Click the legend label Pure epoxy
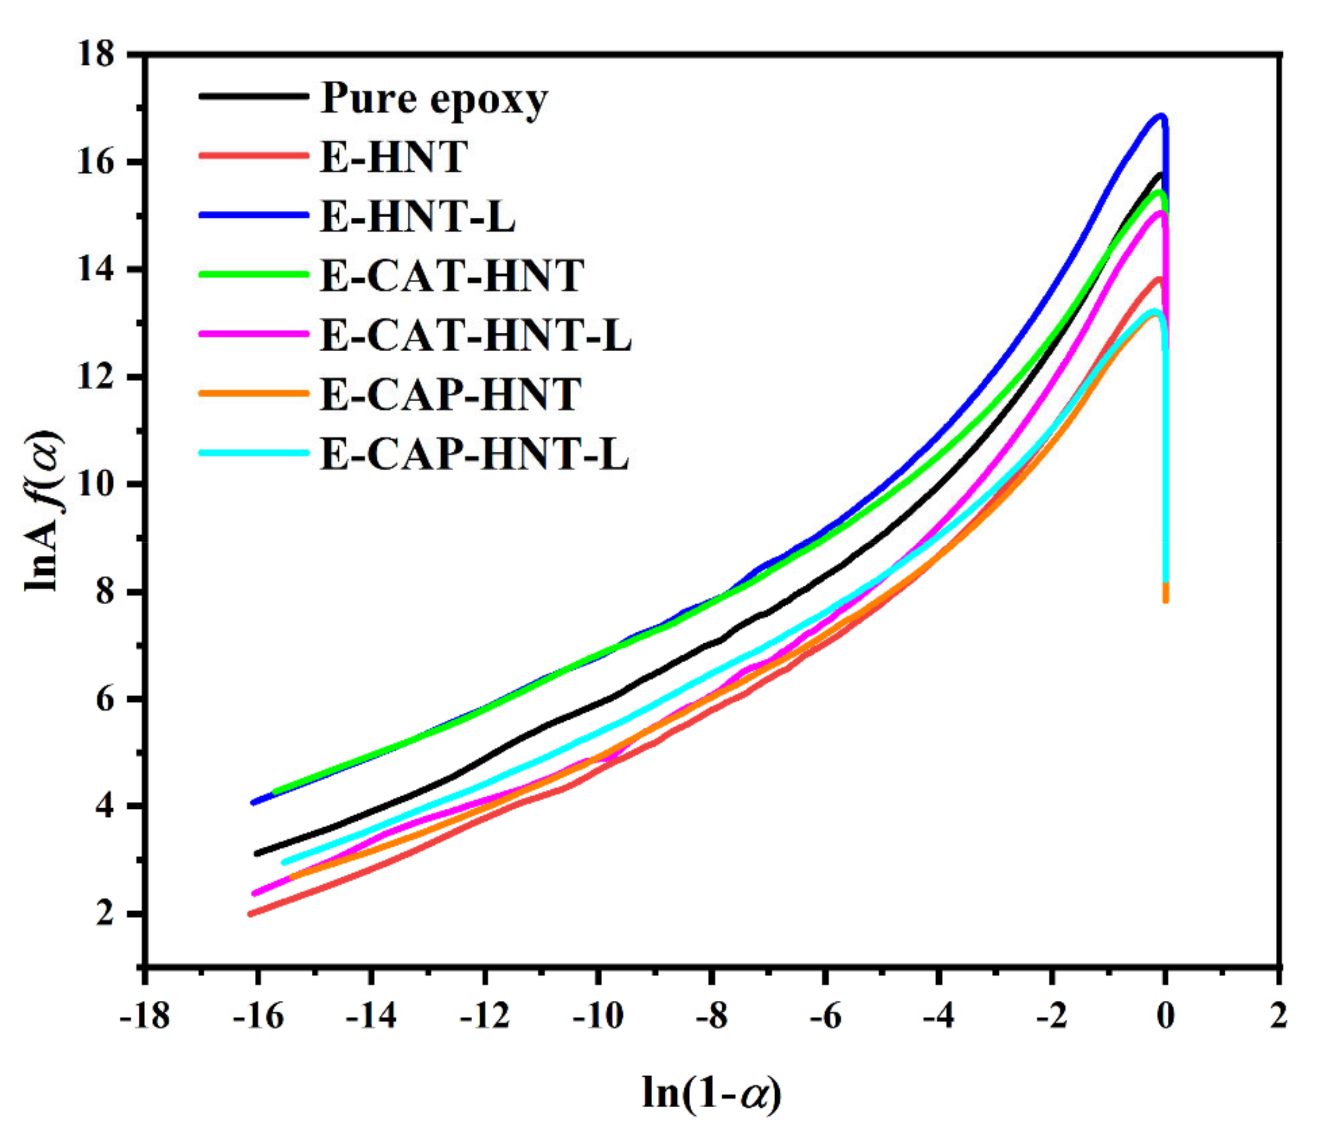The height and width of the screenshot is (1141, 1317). coord(433,100)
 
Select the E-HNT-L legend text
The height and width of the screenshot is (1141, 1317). coord(417,217)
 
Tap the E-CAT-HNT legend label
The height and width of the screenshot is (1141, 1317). coord(452,276)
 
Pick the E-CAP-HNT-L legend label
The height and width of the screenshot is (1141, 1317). coord(475,454)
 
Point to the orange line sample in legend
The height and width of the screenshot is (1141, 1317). coord(254,393)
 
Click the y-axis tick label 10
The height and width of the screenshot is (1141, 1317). coord(97,485)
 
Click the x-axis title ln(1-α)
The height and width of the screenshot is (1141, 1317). coord(712,1095)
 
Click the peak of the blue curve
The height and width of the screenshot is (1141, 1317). coord(1161,116)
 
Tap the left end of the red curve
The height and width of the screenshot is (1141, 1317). coord(251,914)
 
